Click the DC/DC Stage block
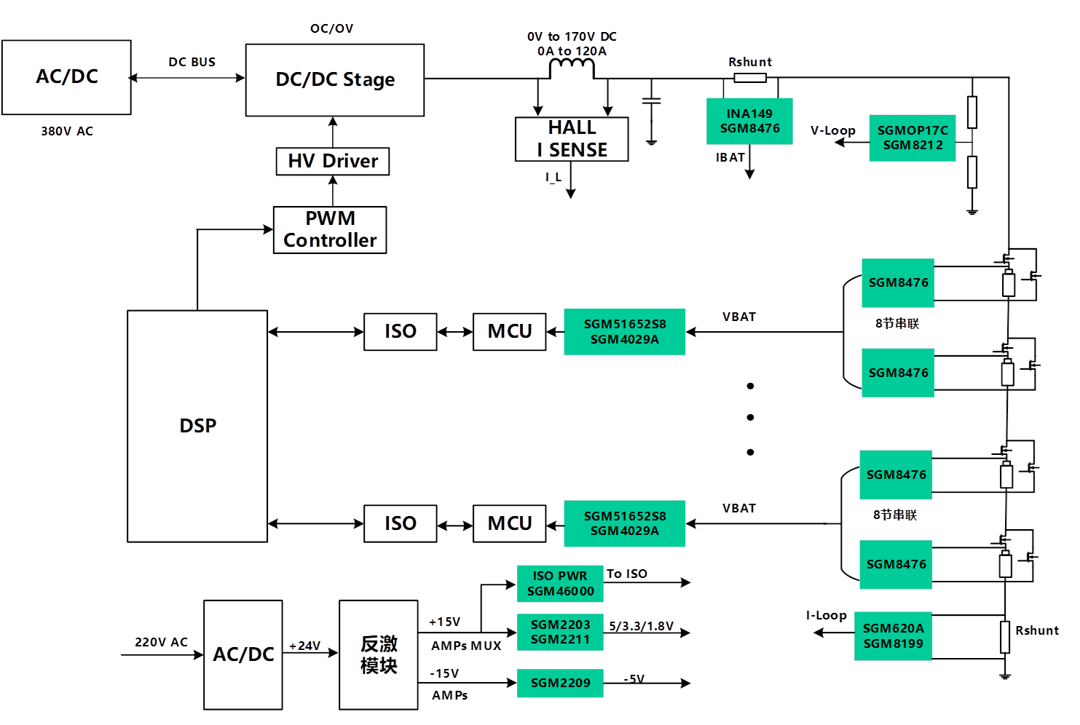pyautogui.click(x=335, y=79)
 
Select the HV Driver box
pyautogui.click(x=333, y=161)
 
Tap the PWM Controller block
pyautogui.click(x=329, y=230)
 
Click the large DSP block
pyautogui.click(x=198, y=426)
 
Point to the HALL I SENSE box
pyautogui.click(x=572, y=139)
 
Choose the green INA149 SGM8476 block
pyautogui.click(x=749, y=121)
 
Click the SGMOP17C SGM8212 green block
pyautogui.click(x=913, y=138)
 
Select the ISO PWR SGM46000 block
pyautogui.click(x=560, y=584)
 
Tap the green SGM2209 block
pyautogui.click(x=560, y=683)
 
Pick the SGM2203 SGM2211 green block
pyautogui.click(x=560, y=632)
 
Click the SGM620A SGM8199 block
pyautogui.click(x=893, y=635)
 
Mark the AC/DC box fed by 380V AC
pyautogui.click(x=66, y=77)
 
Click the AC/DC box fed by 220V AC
pyautogui.click(x=243, y=654)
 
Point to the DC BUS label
pyautogui.click(x=192, y=62)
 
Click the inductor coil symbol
pyautogui.click(x=572, y=68)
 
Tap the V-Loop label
pyautogui.click(x=833, y=131)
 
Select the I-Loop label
pyautogui.click(x=827, y=616)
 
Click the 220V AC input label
pyautogui.click(x=161, y=642)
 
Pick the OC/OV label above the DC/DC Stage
pyautogui.click(x=331, y=28)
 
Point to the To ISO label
pyautogui.click(x=628, y=574)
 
